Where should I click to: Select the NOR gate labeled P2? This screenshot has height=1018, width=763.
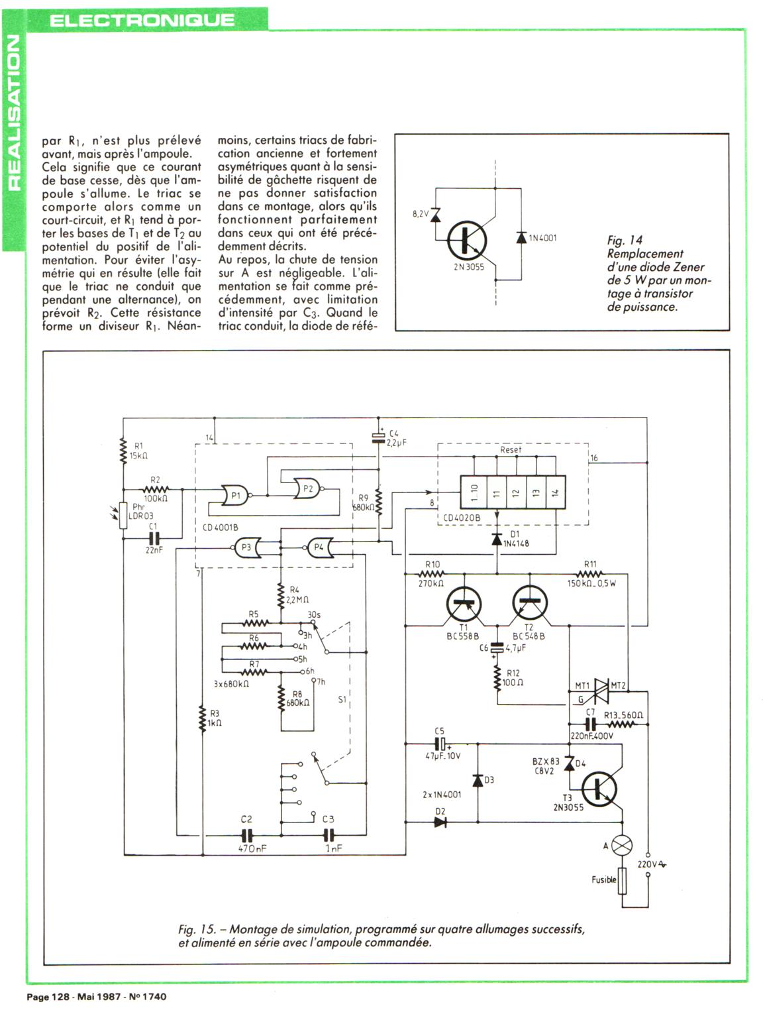pos(307,488)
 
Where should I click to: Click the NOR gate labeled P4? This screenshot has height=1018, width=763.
pos(319,547)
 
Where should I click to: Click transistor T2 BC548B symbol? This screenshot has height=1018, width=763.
pos(530,604)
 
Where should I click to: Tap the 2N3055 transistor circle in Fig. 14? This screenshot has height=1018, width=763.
pos(468,241)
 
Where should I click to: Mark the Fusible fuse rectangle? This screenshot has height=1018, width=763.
pos(622,881)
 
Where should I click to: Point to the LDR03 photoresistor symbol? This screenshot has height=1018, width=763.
pos(123,515)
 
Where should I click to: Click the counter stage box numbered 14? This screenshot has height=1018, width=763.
pos(555,492)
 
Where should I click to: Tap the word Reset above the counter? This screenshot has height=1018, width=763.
pos(511,449)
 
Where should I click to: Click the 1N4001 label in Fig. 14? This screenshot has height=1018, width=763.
pos(543,238)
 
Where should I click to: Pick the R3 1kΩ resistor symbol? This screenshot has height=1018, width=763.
pos(201,718)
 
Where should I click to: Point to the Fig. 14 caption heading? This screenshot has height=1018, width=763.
pos(625,241)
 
